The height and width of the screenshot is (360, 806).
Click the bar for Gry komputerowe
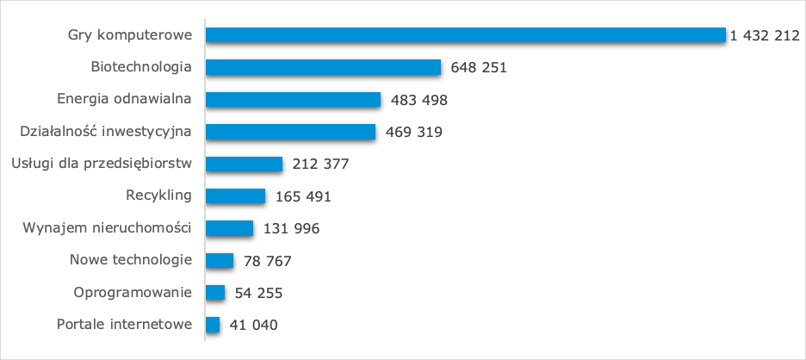466,35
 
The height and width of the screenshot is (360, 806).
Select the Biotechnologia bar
324,67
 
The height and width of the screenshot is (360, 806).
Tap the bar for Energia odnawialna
294,99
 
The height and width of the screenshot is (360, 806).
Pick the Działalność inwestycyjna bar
291,132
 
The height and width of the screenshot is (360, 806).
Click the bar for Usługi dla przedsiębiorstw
245,164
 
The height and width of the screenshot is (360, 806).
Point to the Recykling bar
236,196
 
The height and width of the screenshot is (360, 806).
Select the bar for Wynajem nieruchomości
230,228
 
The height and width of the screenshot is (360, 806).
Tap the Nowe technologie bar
220,260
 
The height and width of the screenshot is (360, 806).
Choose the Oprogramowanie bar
215,293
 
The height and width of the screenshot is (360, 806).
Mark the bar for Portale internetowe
214,325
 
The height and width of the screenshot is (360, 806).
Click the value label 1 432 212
765,36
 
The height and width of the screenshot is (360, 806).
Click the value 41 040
254,326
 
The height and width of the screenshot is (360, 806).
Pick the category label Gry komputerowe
129,35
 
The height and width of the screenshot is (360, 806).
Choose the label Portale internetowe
123,325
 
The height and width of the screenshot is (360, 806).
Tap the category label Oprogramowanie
133,293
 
